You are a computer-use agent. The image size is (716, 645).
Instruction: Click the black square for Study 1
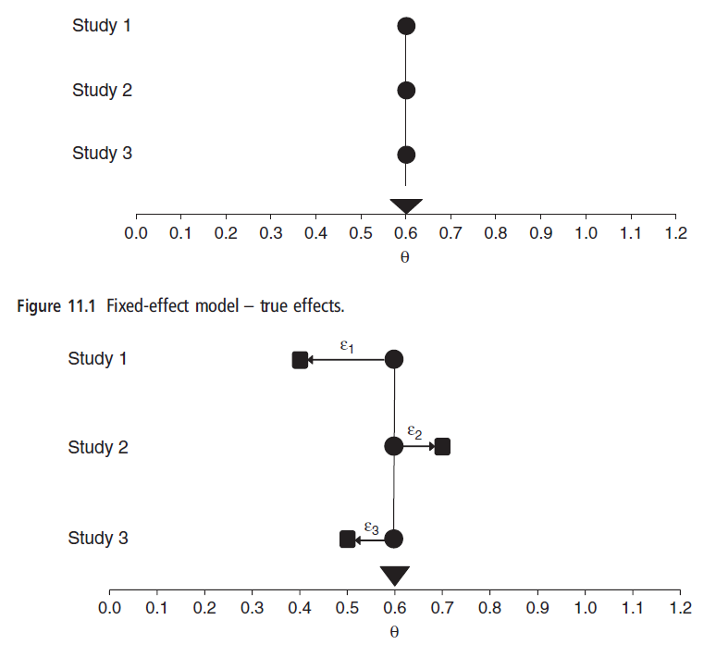300,359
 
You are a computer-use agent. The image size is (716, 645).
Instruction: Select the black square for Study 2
442,447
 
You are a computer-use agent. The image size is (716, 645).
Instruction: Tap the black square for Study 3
347,539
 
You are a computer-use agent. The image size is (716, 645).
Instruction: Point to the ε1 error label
347,346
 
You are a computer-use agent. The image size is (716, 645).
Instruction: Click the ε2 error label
414,432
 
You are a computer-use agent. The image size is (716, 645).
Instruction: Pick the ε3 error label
371,527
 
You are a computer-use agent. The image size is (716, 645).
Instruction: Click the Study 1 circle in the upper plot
406,26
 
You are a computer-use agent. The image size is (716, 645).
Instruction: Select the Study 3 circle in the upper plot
406,155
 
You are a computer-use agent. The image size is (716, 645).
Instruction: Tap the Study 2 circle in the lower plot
394,447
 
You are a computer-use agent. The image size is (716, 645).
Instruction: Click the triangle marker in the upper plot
406,205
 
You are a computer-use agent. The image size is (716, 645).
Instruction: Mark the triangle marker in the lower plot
395,575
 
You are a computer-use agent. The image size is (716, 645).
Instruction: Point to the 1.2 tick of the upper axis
675,232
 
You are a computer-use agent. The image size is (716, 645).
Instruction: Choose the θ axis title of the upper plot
405,256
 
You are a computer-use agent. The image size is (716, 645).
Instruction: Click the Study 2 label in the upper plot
102,90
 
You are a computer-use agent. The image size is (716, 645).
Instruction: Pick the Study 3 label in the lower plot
97,538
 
